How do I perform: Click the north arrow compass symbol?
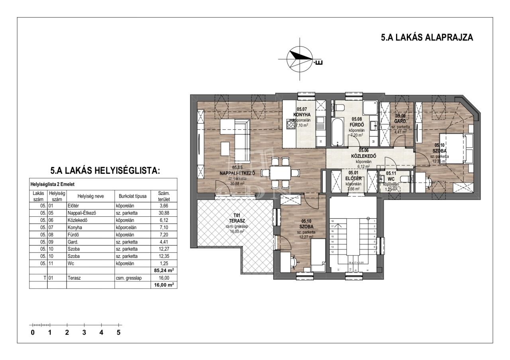point(300,59)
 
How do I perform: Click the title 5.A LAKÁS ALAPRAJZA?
point(427,38)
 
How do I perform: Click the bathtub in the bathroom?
point(337,132)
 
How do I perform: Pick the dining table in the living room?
point(280,173)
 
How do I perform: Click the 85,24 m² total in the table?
point(164,270)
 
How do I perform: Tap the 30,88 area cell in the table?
point(164,213)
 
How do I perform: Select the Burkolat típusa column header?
point(133,196)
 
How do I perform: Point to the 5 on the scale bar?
point(118,333)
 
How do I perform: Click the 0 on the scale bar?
point(33,333)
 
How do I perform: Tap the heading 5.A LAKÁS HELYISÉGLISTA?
point(105,171)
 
